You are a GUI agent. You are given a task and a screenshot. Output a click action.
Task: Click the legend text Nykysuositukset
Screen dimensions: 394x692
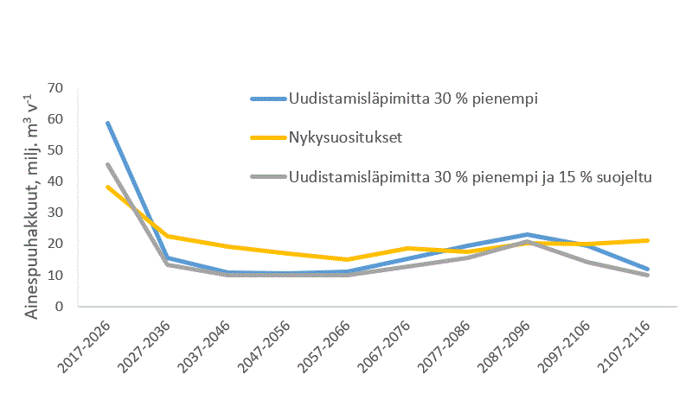341,137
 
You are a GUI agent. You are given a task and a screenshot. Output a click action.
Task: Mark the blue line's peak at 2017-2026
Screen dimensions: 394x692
108,124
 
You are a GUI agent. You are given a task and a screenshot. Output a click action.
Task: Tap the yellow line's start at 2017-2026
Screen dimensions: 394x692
108,187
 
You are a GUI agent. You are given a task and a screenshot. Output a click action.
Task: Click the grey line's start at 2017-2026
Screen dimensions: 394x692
108,165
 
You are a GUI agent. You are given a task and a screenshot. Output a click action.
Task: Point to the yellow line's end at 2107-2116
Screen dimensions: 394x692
648,240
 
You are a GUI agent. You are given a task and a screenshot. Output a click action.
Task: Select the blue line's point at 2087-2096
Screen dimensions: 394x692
528,234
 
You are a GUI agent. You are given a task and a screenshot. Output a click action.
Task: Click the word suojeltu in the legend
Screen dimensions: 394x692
626,176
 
